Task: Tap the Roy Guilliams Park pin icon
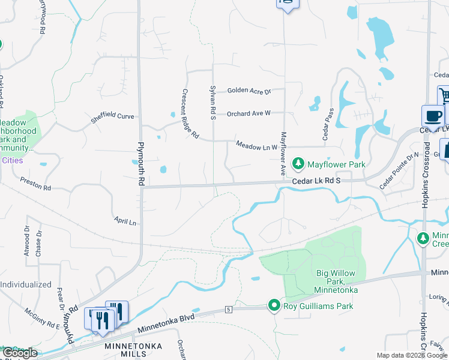coord(274,305)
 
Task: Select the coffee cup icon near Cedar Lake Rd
coord(432,116)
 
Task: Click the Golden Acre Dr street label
coord(249,91)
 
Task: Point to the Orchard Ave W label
coord(249,113)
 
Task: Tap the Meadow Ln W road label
coord(256,146)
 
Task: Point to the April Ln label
coord(125,221)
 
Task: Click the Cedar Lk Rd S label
coord(316,181)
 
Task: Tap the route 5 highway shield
coord(229,309)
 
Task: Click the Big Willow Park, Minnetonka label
coord(336,281)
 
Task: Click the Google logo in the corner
coord(19,353)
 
